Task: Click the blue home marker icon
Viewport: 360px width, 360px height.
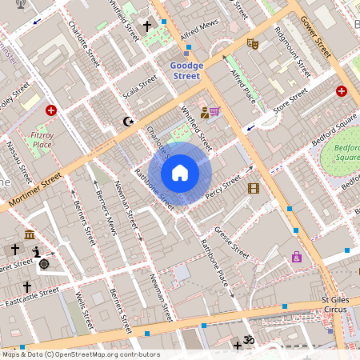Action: click(180, 173)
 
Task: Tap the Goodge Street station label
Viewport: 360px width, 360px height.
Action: click(187, 70)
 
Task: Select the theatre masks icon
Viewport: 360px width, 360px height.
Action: click(252, 43)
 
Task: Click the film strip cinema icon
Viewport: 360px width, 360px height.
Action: click(254, 188)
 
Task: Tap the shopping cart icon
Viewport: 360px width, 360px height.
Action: click(214, 112)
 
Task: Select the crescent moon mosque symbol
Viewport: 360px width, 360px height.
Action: click(126, 122)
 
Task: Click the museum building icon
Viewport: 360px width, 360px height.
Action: click(30, 234)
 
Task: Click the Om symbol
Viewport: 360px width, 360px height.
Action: click(248, 339)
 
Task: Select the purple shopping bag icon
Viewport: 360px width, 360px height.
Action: click(297, 257)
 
